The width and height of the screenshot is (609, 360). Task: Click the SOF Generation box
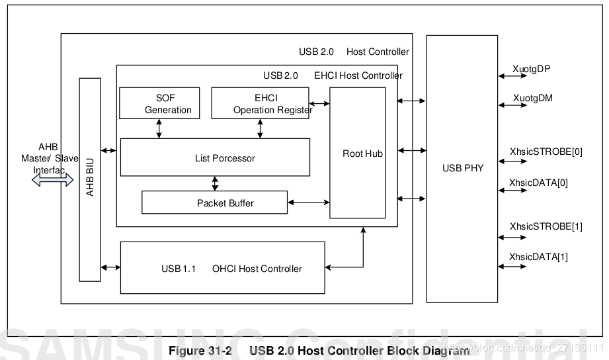pyautogui.click(x=159, y=103)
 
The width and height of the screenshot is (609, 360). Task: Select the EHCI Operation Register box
pyautogui.click(x=261, y=103)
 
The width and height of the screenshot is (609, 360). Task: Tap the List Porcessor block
pyautogui.click(x=215, y=157)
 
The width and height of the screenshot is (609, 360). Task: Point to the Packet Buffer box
pyautogui.click(x=215, y=202)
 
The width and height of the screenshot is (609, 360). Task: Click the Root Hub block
pyautogui.click(x=358, y=153)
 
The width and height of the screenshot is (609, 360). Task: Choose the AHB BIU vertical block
pyautogui.click(x=90, y=179)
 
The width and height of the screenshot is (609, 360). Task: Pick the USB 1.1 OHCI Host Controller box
pyautogui.click(x=223, y=268)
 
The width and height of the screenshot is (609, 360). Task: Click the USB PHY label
pyautogui.click(x=463, y=168)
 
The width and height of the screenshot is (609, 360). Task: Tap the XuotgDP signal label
pyautogui.click(x=531, y=69)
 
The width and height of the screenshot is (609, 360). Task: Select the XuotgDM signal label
pyautogui.click(x=532, y=98)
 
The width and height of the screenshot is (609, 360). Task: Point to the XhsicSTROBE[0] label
pyautogui.click(x=546, y=152)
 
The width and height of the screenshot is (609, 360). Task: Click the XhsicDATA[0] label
pyautogui.click(x=538, y=183)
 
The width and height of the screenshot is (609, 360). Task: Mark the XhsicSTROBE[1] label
pyautogui.click(x=546, y=226)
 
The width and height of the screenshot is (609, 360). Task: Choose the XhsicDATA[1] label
pyautogui.click(x=538, y=257)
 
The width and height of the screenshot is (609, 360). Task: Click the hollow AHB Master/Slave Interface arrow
pyautogui.click(x=52, y=179)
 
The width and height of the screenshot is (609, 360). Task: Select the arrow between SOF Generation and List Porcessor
pyautogui.click(x=159, y=128)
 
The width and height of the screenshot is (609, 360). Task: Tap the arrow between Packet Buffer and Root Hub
pyautogui.click(x=309, y=202)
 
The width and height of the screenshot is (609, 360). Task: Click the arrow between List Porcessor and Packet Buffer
pyautogui.click(x=215, y=183)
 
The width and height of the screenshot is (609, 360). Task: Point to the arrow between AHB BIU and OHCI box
pyautogui.click(x=110, y=267)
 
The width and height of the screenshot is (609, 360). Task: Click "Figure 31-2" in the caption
pyautogui.click(x=200, y=351)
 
